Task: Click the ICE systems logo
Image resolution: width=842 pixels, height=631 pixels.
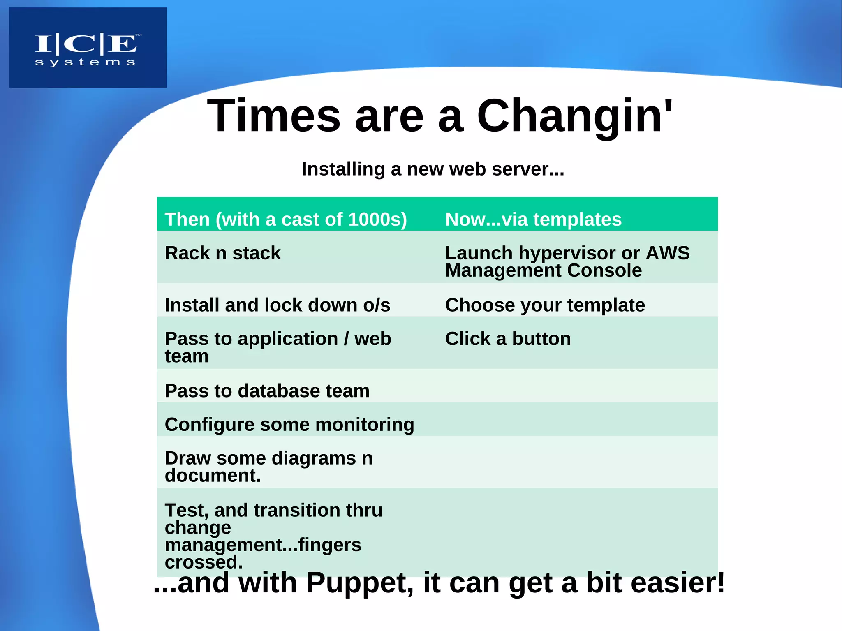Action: (x=88, y=47)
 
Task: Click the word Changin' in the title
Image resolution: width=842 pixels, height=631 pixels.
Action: (x=574, y=116)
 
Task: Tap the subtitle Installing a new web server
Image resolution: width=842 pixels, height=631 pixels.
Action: (x=433, y=169)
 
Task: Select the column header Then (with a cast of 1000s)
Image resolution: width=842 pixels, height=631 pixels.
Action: (x=286, y=219)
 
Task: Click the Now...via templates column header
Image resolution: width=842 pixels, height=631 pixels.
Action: (x=533, y=219)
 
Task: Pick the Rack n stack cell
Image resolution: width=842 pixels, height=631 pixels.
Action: (x=222, y=253)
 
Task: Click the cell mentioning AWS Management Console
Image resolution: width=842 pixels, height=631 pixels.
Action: (x=567, y=261)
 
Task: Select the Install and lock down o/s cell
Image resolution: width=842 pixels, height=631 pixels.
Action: (x=278, y=305)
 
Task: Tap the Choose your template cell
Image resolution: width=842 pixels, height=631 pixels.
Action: (x=545, y=305)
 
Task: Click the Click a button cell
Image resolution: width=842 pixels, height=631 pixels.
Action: (x=508, y=339)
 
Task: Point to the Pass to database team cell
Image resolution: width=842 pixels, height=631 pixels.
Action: (x=267, y=391)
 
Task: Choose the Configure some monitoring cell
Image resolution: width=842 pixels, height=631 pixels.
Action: (x=289, y=424)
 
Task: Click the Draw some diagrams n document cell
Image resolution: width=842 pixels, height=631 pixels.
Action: (x=268, y=467)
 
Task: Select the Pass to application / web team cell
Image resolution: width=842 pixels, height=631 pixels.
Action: (x=278, y=347)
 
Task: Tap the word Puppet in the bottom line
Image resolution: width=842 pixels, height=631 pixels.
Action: (x=359, y=583)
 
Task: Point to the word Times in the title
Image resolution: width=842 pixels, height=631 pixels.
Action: (x=274, y=116)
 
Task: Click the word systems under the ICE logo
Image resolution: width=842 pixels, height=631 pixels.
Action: (x=85, y=62)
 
